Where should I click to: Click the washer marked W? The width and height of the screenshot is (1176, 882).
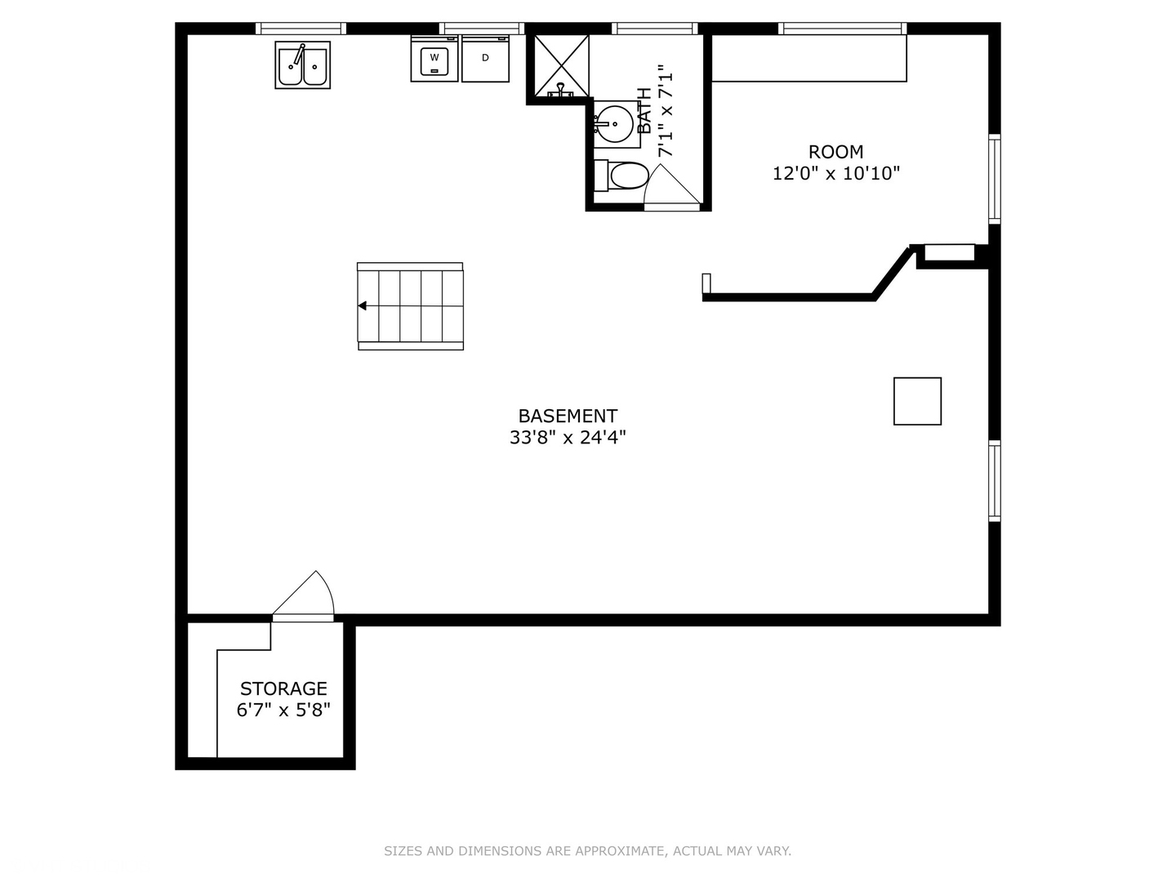pos(434,58)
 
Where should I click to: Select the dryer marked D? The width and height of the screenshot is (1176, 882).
pos(485,58)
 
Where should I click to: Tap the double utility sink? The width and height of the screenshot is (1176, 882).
pos(303,65)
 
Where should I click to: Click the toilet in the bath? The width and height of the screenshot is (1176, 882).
pos(624,176)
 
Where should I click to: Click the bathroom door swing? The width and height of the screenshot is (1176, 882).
pos(670,188)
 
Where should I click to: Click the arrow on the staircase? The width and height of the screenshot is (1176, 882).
pos(362,306)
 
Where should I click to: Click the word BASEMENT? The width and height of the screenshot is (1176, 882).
pos(568,416)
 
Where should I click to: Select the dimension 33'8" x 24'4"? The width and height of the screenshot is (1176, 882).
pos(568,438)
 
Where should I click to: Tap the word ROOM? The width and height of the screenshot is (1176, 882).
pos(835,152)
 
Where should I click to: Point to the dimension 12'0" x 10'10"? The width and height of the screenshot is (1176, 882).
pos(835,173)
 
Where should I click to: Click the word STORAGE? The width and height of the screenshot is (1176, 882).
pos(283,688)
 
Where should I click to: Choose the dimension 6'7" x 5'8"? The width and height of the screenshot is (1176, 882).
pos(283,710)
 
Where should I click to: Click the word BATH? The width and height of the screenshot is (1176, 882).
pos(644,110)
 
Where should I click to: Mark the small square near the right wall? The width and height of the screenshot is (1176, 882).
pos(917,401)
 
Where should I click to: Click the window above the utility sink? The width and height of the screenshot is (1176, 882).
pos(301,29)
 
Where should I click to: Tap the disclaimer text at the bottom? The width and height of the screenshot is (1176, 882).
pos(587,851)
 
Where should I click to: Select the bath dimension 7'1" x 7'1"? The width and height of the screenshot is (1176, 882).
pos(666,110)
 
